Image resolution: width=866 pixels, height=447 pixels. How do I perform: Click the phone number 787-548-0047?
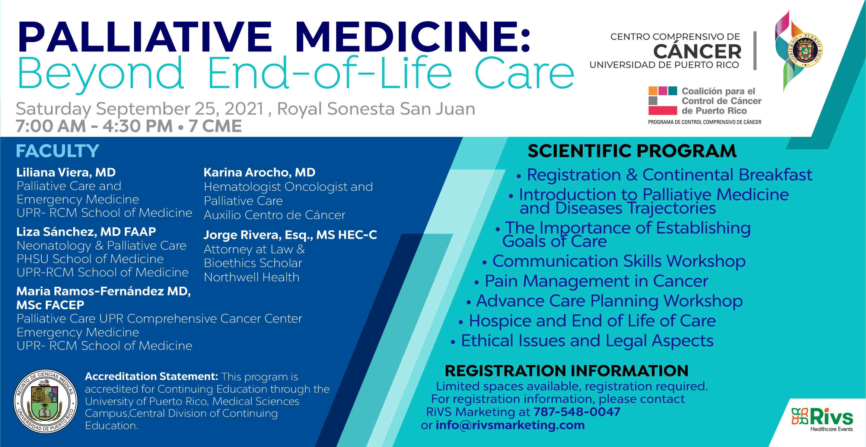tap(577, 412)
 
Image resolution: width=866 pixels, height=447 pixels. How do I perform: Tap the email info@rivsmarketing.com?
tap(510, 425)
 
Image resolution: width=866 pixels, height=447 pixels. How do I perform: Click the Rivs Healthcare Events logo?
tap(822, 419)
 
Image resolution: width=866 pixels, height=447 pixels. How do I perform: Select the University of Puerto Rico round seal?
tap(46, 401)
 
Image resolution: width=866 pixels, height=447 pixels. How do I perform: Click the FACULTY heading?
tap(57, 151)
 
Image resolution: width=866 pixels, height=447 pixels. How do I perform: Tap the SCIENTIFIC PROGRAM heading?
tap(632, 151)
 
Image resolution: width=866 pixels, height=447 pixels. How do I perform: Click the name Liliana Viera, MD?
tap(66, 172)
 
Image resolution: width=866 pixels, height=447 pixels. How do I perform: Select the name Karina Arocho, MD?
tap(260, 172)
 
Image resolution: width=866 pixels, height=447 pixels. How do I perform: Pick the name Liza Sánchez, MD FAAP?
tap(86, 232)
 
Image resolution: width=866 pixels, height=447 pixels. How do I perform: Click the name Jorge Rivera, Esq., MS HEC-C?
tap(290, 235)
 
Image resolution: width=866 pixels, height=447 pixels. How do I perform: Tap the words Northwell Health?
tap(252, 277)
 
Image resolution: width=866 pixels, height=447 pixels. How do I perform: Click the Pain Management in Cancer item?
tap(596, 281)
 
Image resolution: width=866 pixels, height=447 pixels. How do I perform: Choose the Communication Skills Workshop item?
tap(619, 261)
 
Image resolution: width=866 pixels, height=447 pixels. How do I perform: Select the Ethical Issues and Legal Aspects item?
tap(587, 341)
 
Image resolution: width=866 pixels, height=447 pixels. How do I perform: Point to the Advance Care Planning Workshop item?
tap(609, 301)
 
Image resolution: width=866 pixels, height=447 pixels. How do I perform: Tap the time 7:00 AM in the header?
tap(51, 126)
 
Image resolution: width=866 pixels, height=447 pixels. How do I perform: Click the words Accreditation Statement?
tap(151, 376)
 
